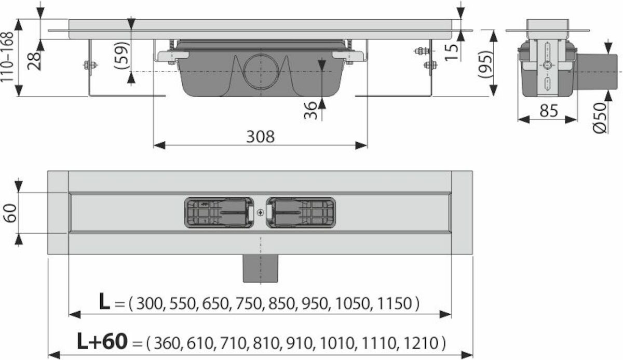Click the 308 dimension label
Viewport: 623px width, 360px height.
(x=260, y=137)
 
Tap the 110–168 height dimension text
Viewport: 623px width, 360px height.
(x=7, y=57)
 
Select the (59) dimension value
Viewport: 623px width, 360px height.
(x=122, y=55)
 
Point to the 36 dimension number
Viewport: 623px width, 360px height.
(x=310, y=111)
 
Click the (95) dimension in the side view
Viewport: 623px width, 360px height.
(x=485, y=64)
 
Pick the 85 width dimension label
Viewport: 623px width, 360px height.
(x=548, y=111)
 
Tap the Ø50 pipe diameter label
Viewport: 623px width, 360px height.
(x=599, y=118)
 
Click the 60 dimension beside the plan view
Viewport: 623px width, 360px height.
(x=10, y=213)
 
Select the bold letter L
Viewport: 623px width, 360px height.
(x=104, y=301)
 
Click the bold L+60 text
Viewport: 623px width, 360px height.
(x=102, y=341)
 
